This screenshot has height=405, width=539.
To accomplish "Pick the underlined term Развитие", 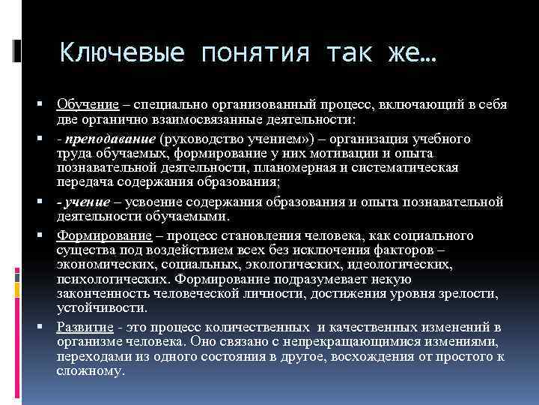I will point(84,326).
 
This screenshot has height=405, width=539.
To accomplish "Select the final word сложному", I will point(90,371).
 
